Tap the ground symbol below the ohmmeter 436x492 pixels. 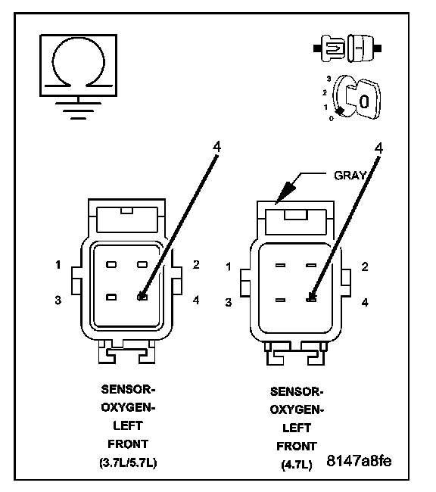pyautogui.click(x=78, y=108)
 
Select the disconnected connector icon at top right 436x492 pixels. pyautogui.click(x=347, y=48)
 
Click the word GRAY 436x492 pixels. pyautogui.click(x=350, y=176)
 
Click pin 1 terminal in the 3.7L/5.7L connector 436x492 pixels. pyautogui.click(x=111, y=264)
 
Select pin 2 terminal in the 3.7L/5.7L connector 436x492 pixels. pyautogui.click(x=142, y=264)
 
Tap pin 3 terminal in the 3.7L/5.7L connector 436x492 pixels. pyautogui.click(x=111, y=297)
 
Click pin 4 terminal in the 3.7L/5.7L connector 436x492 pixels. pyautogui.click(x=142, y=297)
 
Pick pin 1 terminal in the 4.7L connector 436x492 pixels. pyautogui.click(x=280, y=266)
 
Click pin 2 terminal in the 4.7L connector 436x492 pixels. pyautogui.click(x=311, y=266)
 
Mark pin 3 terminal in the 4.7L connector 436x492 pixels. pyautogui.click(x=280, y=300)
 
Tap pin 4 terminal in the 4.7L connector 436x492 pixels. pyautogui.click(x=311, y=299)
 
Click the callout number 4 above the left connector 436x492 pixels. pyautogui.click(x=217, y=147)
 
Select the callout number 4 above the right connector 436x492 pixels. pyautogui.click(x=379, y=148)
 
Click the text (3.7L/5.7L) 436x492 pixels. pyautogui.click(x=128, y=462)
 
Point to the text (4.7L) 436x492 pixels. pyautogui.click(x=297, y=465)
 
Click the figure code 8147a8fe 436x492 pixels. pyautogui.click(x=359, y=461)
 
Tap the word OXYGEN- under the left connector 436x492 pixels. pyautogui.click(x=128, y=407)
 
